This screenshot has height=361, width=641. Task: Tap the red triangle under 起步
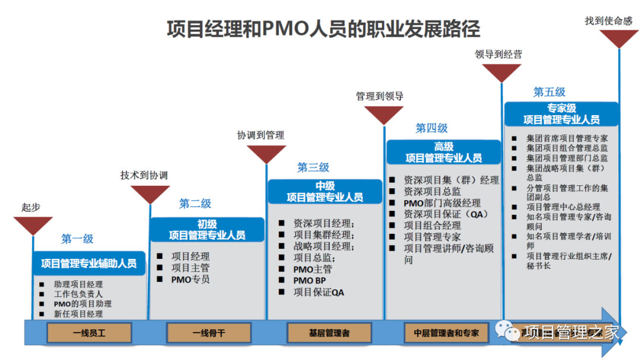(x=33, y=225)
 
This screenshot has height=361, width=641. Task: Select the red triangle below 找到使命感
(x=619, y=39)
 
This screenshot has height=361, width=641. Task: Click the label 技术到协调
(x=144, y=176)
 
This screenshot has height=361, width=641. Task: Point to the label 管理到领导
(x=380, y=96)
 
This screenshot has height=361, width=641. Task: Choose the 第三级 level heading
(x=313, y=168)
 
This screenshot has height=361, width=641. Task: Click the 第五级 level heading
(x=549, y=92)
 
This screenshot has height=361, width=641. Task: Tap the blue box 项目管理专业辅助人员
(x=88, y=262)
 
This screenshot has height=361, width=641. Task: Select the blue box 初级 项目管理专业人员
(x=207, y=230)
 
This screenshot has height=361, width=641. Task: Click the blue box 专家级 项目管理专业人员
(x=561, y=114)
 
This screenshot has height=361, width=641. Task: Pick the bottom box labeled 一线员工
(x=89, y=333)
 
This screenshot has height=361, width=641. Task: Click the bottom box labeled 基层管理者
(x=329, y=333)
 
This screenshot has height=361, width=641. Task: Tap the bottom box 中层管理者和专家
(x=446, y=333)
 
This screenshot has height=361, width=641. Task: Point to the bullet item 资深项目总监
(x=432, y=191)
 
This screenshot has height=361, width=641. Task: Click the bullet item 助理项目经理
(x=78, y=284)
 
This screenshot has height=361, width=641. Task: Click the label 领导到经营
(x=499, y=54)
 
